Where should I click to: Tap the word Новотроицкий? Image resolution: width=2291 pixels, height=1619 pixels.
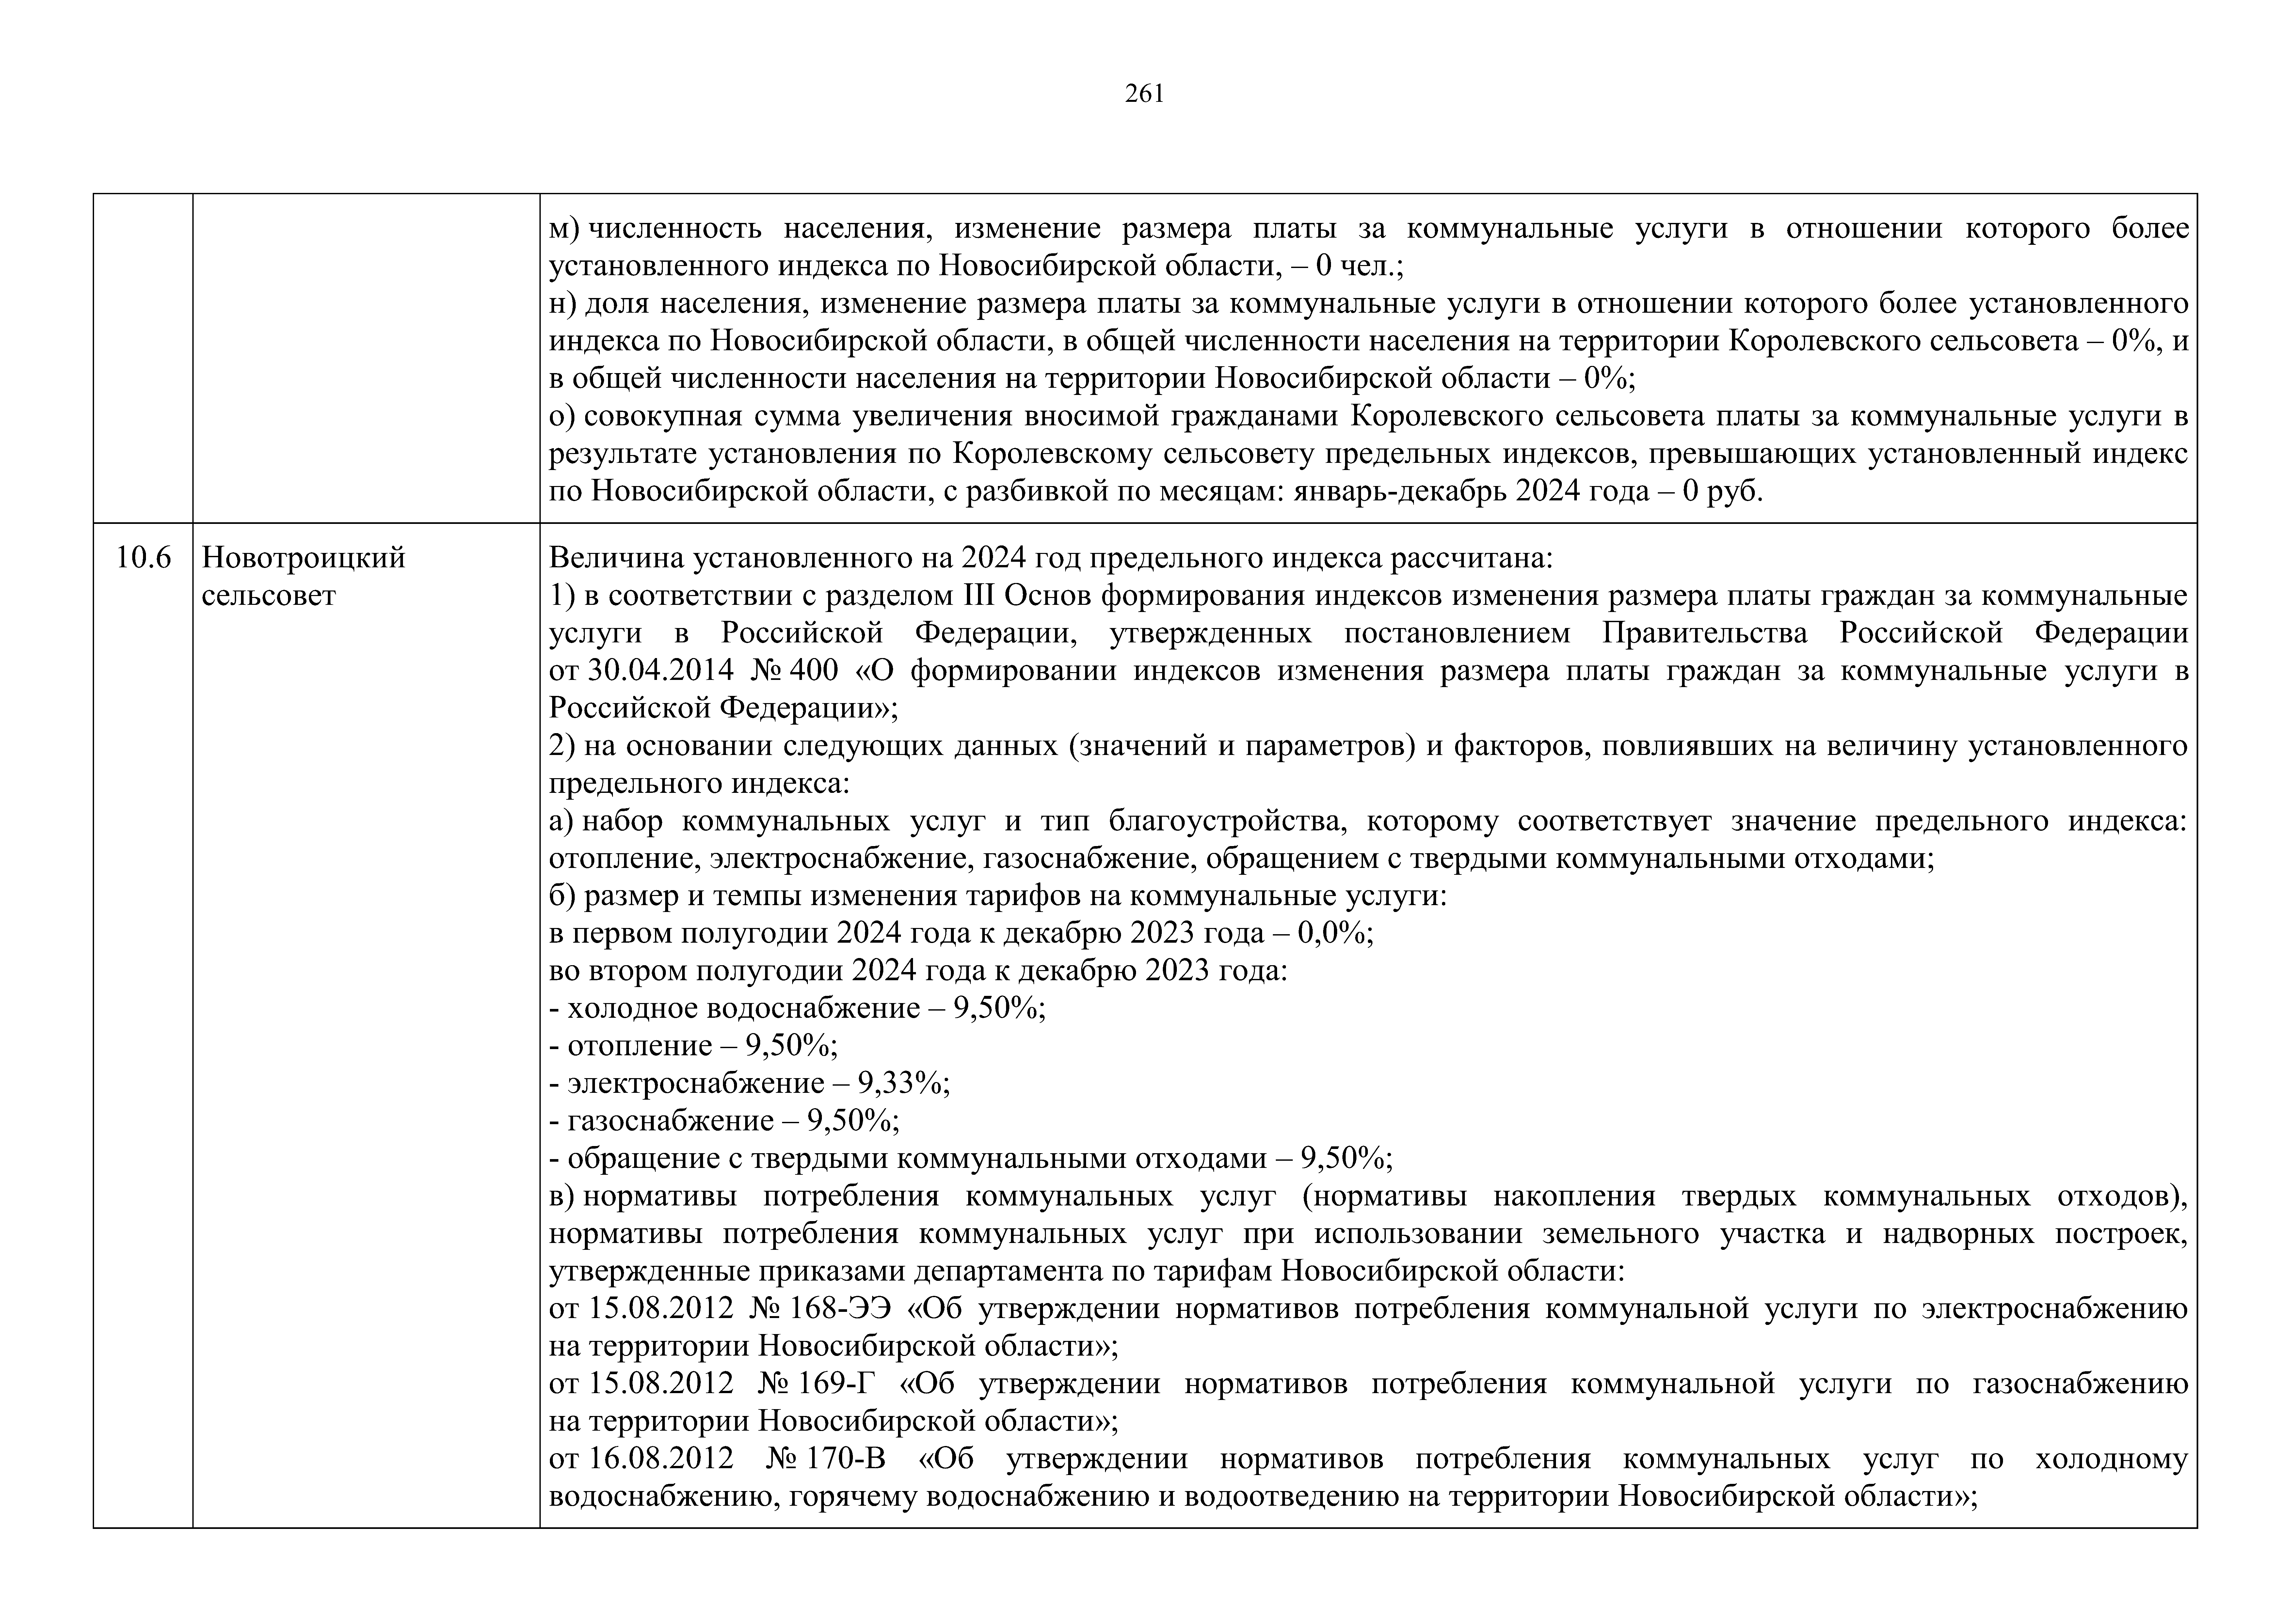tap(303, 558)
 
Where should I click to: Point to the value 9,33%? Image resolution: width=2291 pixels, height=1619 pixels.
tap(902, 1083)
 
